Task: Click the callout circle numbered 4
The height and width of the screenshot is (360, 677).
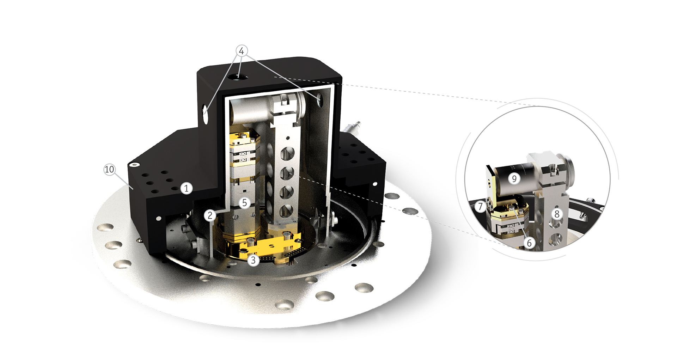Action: coord(241,51)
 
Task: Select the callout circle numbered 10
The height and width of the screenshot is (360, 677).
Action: coord(109,170)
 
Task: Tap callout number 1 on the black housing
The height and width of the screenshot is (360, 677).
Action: coord(186,188)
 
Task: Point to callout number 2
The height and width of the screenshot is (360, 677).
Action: coord(210,215)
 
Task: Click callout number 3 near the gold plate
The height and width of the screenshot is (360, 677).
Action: coord(253,261)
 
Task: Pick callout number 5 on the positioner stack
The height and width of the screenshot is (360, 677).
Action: coord(244,202)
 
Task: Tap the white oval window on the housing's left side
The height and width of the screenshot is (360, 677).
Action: coord(205,112)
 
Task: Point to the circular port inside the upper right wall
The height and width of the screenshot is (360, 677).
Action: coord(319,100)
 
